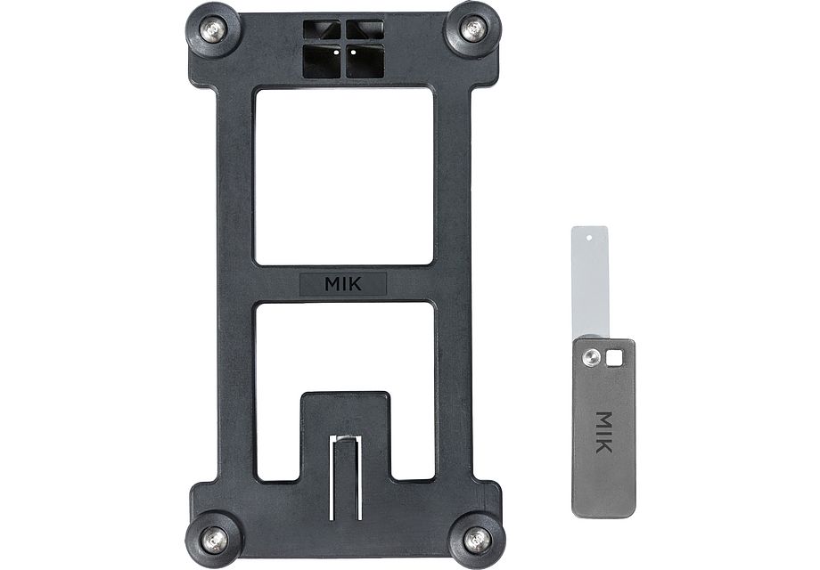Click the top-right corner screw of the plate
473,28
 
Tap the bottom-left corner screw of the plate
213,539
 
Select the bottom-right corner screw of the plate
476,538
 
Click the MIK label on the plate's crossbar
343,284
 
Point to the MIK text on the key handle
604,431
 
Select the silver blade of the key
589,285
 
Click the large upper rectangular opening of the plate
344,175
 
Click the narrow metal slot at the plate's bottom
345,476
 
